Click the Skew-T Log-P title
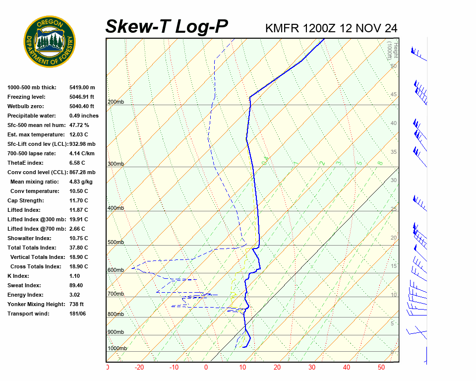point(167,27)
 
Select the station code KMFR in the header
point(282,28)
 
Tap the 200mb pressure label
point(116,102)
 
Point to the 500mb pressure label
point(116,243)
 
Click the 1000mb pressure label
point(117,349)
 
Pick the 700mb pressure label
point(116,294)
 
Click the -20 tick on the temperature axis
point(139,368)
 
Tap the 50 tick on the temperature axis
point(381,368)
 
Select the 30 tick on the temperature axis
point(312,368)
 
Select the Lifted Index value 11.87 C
point(79,210)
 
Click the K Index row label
point(18,276)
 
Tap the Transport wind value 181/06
point(78,314)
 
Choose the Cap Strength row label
point(25,200)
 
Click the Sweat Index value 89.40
point(76,285)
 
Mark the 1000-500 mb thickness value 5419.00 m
point(82,87)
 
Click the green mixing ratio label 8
point(380,162)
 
